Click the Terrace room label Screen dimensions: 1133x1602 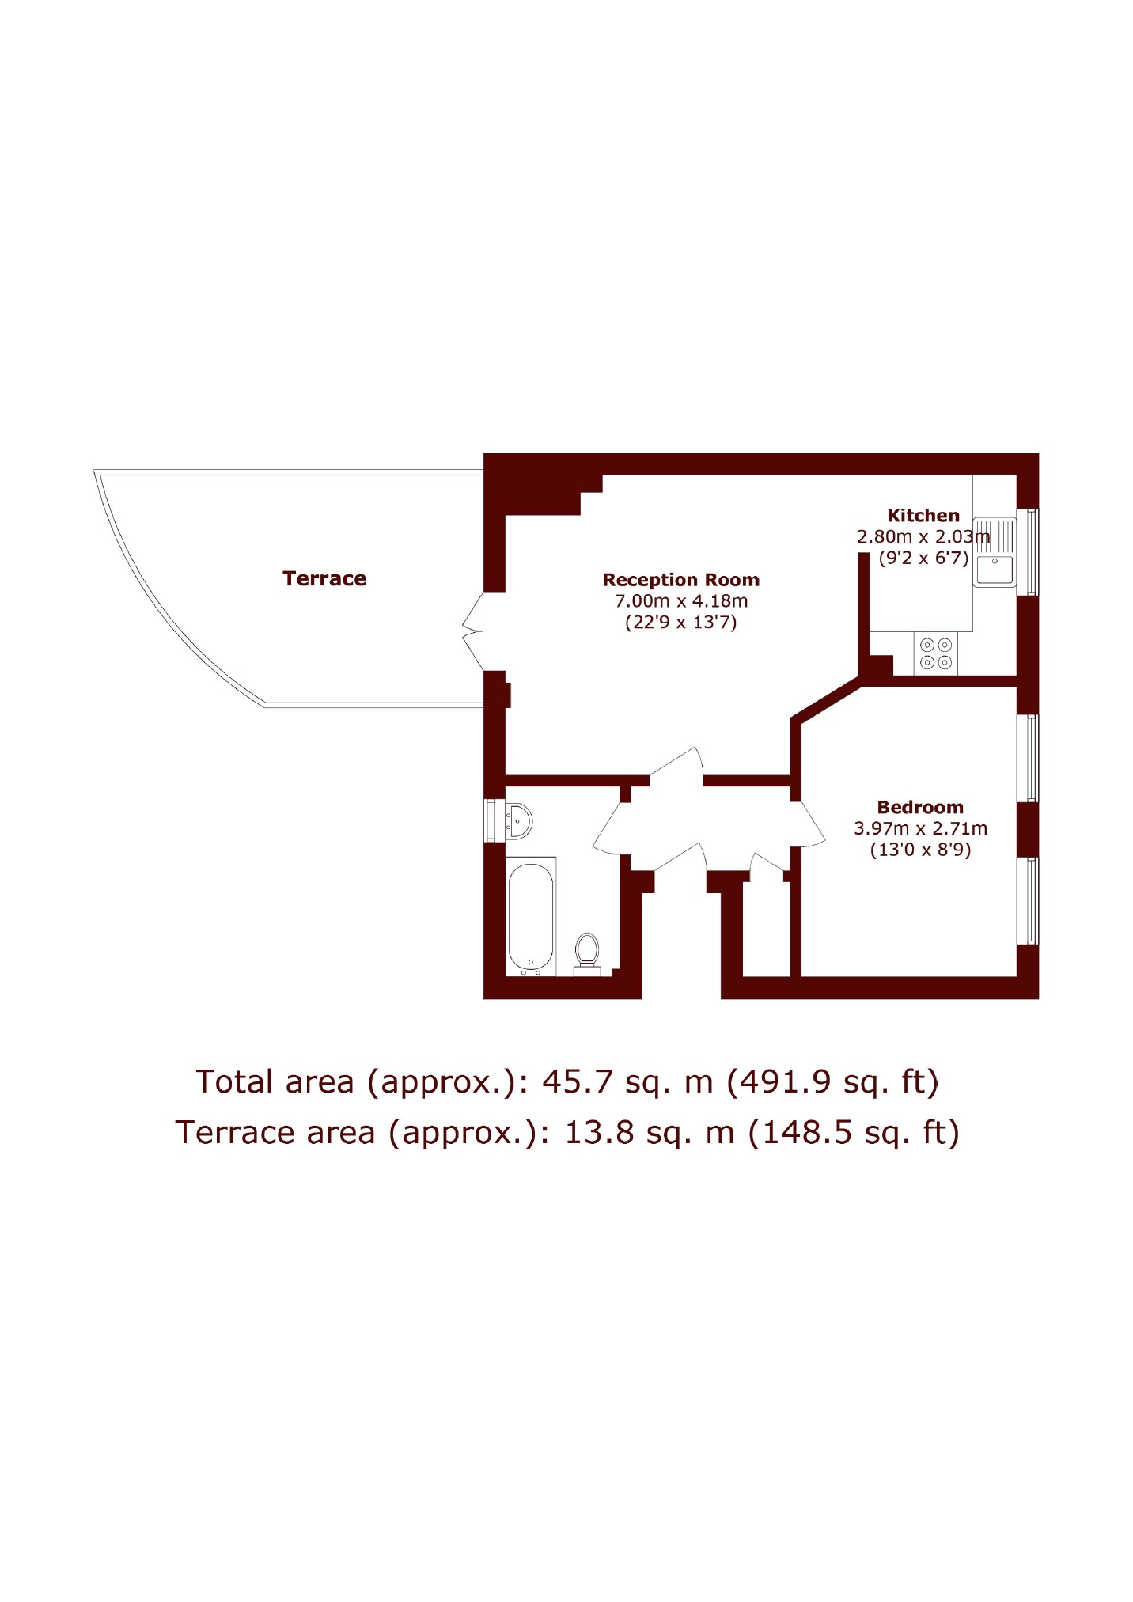coord(324,578)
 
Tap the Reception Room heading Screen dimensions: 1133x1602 coord(681,580)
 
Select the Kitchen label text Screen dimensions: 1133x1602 coord(923,515)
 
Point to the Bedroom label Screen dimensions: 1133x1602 coord(920,807)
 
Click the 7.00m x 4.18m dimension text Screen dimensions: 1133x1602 coord(681,600)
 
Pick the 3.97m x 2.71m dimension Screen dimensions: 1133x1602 coord(920,828)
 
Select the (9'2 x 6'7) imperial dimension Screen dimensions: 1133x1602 coord(923,558)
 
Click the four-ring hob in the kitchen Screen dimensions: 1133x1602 coord(935,653)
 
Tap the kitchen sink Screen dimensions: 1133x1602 coord(995,552)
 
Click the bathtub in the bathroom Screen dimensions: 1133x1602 coord(531,916)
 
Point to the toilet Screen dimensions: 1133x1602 coord(587,954)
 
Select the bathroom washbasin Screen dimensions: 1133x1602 coord(518,821)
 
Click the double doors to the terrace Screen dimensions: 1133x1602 coord(473,631)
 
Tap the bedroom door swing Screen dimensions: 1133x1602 coord(807,823)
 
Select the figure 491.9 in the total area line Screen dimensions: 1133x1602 coord(781,1081)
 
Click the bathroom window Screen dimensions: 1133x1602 coord(490,820)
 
